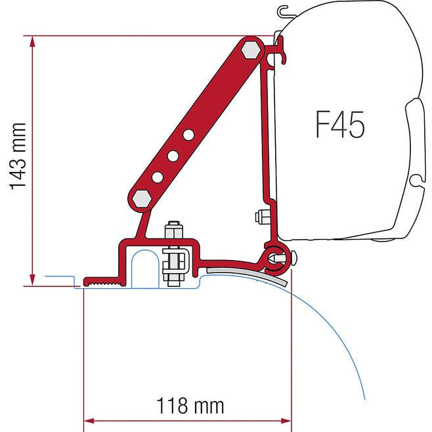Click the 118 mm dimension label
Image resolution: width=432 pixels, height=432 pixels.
(190, 406)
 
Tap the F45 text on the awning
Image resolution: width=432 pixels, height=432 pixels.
(340, 125)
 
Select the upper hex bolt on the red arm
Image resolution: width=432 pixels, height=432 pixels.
(249, 51)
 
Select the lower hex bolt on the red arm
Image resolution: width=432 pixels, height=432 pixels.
(140, 198)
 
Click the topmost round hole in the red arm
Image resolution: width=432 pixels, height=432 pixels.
(188, 135)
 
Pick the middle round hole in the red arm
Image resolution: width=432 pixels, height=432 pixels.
(173, 156)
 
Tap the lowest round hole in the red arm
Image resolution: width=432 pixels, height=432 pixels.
(158, 177)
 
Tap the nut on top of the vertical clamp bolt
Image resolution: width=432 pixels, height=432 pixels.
(173, 231)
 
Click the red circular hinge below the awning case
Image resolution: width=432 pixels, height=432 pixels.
(274, 257)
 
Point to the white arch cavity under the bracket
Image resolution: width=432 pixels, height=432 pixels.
(144, 269)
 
